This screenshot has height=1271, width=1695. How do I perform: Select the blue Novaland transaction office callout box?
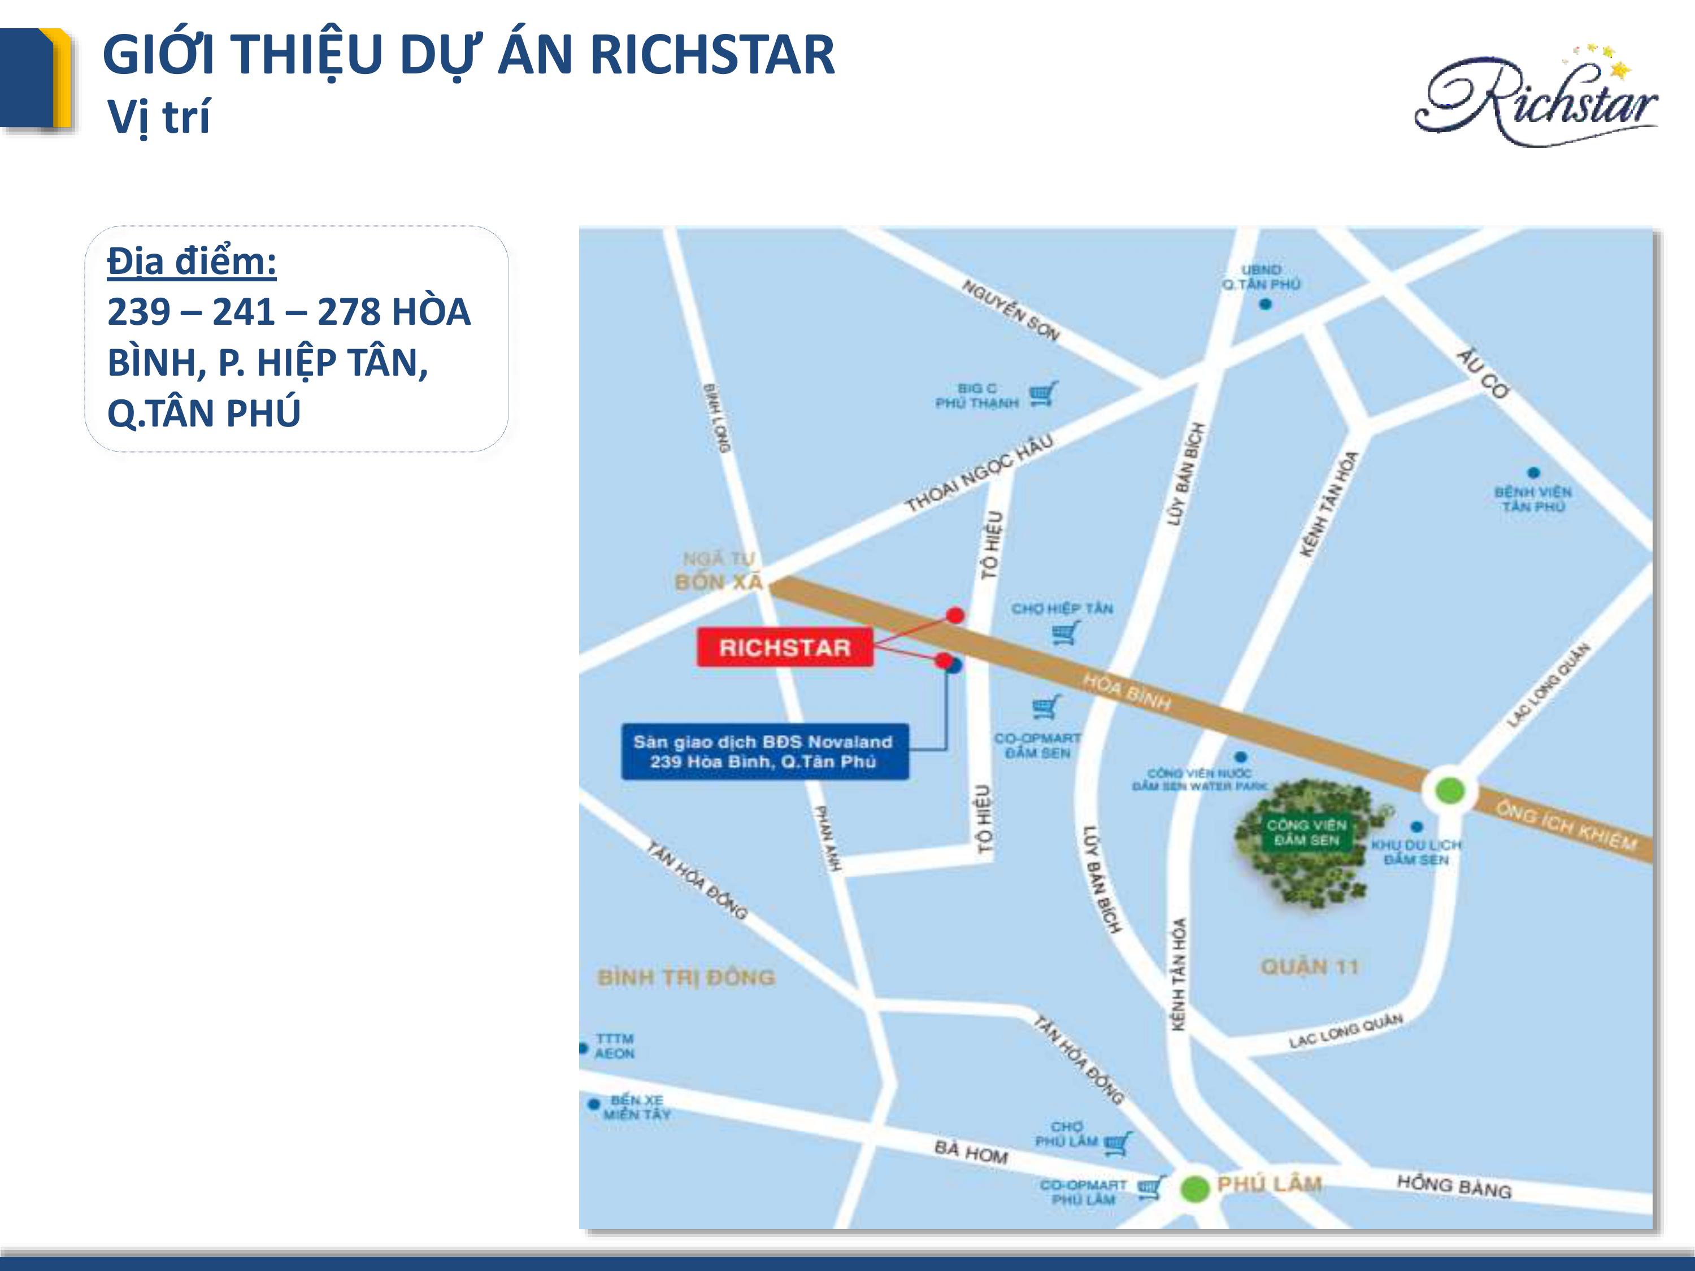764,751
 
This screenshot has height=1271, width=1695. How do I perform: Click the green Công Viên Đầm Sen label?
1306,832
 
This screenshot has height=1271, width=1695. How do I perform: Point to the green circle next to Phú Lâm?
1194,1189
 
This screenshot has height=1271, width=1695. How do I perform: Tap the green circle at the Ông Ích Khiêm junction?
1448,790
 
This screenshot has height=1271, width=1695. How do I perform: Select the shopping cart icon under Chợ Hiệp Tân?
1065,633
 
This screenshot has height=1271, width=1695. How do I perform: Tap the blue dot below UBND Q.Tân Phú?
1265,304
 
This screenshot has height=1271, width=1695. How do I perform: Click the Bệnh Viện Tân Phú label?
1532,499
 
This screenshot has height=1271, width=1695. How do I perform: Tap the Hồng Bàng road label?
1454,1186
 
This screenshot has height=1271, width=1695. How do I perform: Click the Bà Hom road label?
971,1151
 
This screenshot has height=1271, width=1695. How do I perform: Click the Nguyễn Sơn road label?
1011,310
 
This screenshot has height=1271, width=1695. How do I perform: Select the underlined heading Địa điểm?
192,261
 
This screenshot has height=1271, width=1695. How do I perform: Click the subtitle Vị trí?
159,117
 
